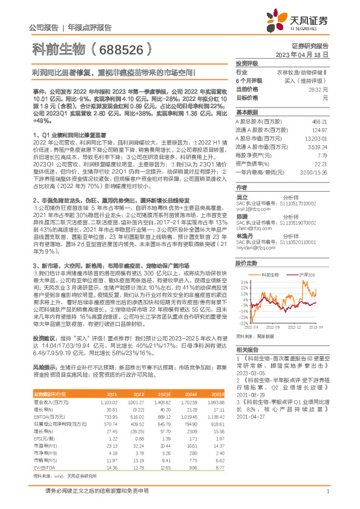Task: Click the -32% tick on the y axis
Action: (243, 323)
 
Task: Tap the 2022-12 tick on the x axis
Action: (295, 327)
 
